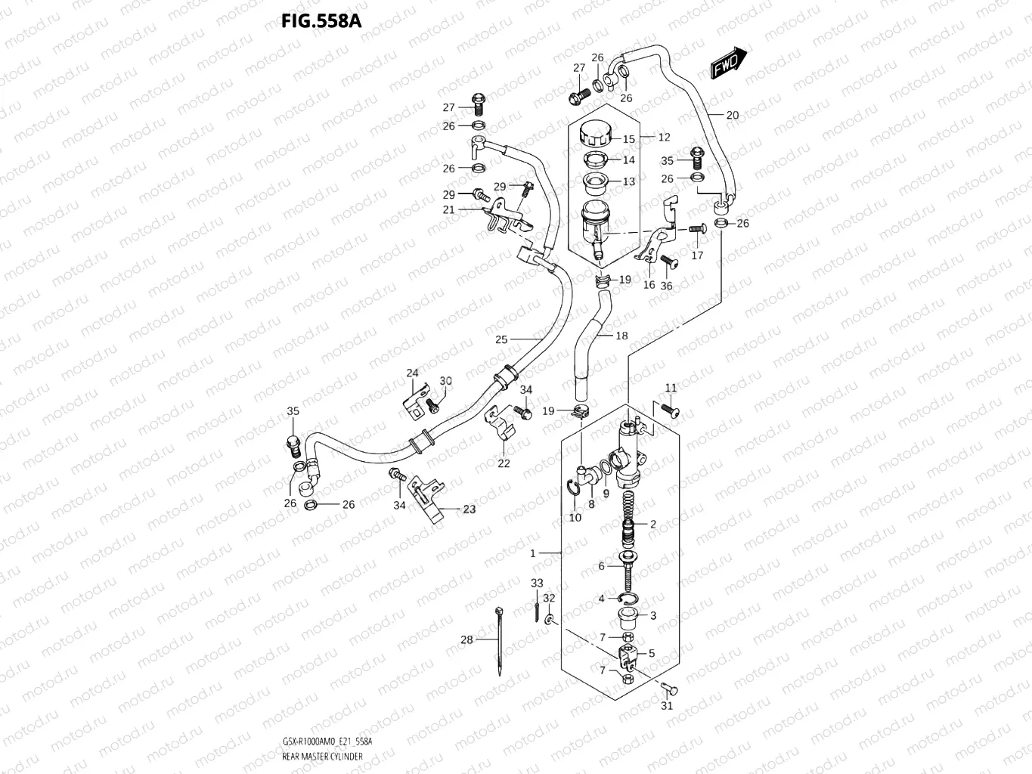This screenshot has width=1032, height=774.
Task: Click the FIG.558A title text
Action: (x=321, y=21)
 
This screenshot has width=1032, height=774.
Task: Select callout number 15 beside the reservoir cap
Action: (x=629, y=139)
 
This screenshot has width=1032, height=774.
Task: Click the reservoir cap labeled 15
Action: (x=597, y=136)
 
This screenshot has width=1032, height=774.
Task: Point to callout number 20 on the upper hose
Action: (x=733, y=116)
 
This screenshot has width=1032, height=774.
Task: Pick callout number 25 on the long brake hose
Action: (x=501, y=339)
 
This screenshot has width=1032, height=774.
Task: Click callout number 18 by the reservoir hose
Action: (x=621, y=336)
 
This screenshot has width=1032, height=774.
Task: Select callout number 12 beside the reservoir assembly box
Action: (x=664, y=138)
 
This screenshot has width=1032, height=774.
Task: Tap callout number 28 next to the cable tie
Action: (x=466, y=639)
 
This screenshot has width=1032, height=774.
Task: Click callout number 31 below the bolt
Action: (x=666, y=706)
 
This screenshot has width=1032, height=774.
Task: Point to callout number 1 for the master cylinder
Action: (x=532, y=553)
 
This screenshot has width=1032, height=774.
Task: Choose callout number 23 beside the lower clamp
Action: (x=470, y=509)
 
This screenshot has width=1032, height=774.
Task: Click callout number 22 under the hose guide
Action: (x=504, y=463)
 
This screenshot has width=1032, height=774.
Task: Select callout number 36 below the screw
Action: (x=666, y=286)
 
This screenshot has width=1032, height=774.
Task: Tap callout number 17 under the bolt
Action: (x=697, y=255)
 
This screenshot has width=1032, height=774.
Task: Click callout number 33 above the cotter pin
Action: (x=537, y=583)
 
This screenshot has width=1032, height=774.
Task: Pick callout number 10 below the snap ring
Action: (x=575, y=518)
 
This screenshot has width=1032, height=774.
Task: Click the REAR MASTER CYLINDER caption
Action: (x=322, y=756)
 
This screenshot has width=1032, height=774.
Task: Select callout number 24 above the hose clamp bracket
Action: (x=412, y=373)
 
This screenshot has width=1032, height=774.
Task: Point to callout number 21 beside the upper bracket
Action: (x=449, y=209)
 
